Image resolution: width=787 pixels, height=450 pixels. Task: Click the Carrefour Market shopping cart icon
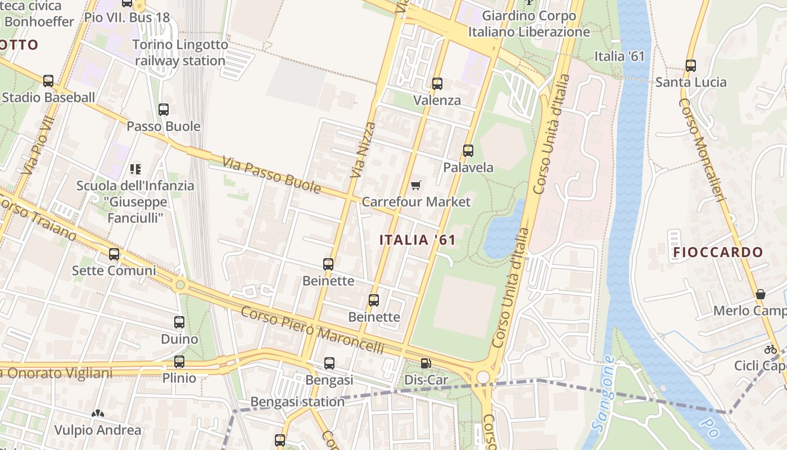[x=415, y=185]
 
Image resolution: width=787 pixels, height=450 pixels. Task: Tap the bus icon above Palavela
[x=468, y=151]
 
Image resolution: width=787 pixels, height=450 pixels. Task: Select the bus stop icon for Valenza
[x=437, y=84]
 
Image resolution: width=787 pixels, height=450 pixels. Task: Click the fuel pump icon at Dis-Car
[x=426, y=364]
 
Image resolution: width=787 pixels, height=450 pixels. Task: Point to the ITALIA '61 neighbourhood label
[x=417, y=240]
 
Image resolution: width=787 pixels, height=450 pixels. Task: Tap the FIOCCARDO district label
[x=718, y=253]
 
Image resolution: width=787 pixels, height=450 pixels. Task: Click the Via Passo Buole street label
[x=272, y=175]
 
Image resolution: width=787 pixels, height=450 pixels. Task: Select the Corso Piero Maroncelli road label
[x=312, y=330]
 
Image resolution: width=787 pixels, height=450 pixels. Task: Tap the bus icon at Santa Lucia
[x=691, y=66]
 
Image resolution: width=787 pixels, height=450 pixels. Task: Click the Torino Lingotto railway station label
[x=180, y=53]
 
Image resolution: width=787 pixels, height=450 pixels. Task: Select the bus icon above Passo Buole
[x=164, y=110]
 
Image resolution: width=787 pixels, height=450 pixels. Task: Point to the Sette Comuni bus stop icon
[x=114, y=254]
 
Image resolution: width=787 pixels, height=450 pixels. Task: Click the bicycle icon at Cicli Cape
[x=771, y=349]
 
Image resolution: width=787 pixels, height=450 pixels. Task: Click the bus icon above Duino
[x=179, y=322]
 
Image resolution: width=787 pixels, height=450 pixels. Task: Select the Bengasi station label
[x=297, y=402]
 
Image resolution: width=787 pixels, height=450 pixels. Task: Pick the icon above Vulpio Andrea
[x=98, y=414]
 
